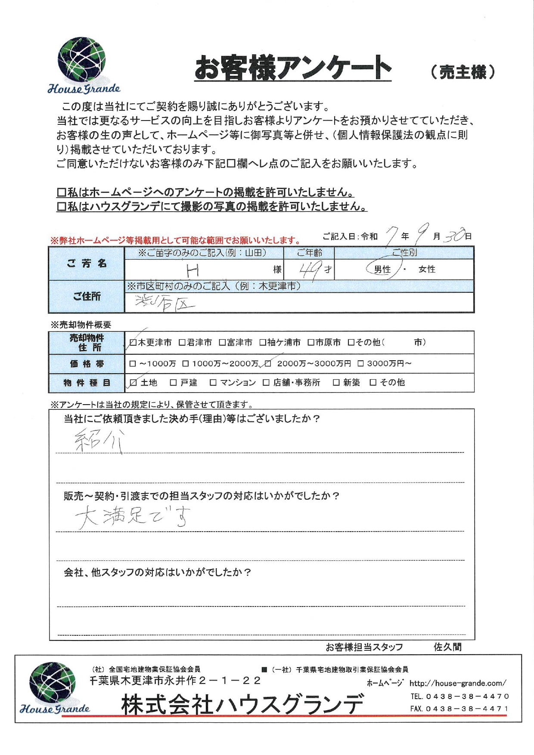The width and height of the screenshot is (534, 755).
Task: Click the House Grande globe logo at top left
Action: click(82, 60)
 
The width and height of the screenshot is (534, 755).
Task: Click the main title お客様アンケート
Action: click(293, 68)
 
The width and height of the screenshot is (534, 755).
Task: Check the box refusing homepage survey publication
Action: click(61, 192)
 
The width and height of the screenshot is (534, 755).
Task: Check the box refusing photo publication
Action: click(61, 207)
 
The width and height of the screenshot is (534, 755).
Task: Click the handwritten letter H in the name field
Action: click(192, 270)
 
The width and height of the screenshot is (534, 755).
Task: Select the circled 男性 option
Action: click(382, 269)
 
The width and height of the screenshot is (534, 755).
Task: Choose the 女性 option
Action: click(427, 269)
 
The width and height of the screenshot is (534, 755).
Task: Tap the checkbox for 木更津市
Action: click(133, 343)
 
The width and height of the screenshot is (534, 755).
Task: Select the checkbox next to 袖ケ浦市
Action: click(263, 343)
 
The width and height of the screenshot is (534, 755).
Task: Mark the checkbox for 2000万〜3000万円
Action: click(268, 364)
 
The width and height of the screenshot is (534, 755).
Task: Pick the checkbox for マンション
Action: click(213, 383)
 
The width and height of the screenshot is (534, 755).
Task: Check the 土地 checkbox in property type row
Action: click(133, 383)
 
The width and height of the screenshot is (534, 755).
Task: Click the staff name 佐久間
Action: click(447, 647)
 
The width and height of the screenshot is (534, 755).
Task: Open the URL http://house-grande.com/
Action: click(458, 683)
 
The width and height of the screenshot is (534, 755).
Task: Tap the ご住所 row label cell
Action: click(87, 297)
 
